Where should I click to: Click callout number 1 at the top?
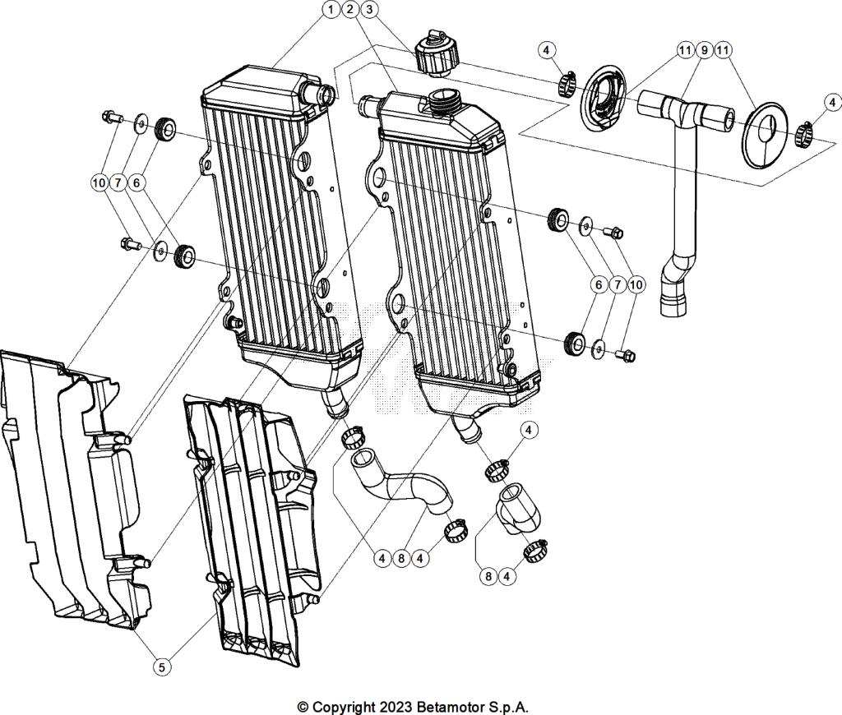(331, 10)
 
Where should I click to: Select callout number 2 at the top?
(350, 10)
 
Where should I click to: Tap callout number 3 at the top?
(370, 10)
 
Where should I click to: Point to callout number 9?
(704, 50)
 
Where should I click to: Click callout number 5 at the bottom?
(162, 667)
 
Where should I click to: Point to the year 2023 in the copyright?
(395, 706)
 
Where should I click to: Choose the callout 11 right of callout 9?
(724, 50)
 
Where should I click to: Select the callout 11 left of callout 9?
(684, 50)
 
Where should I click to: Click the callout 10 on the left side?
(99, 182)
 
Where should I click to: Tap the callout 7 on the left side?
(118, 182)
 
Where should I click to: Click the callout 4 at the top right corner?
(833, 103)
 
